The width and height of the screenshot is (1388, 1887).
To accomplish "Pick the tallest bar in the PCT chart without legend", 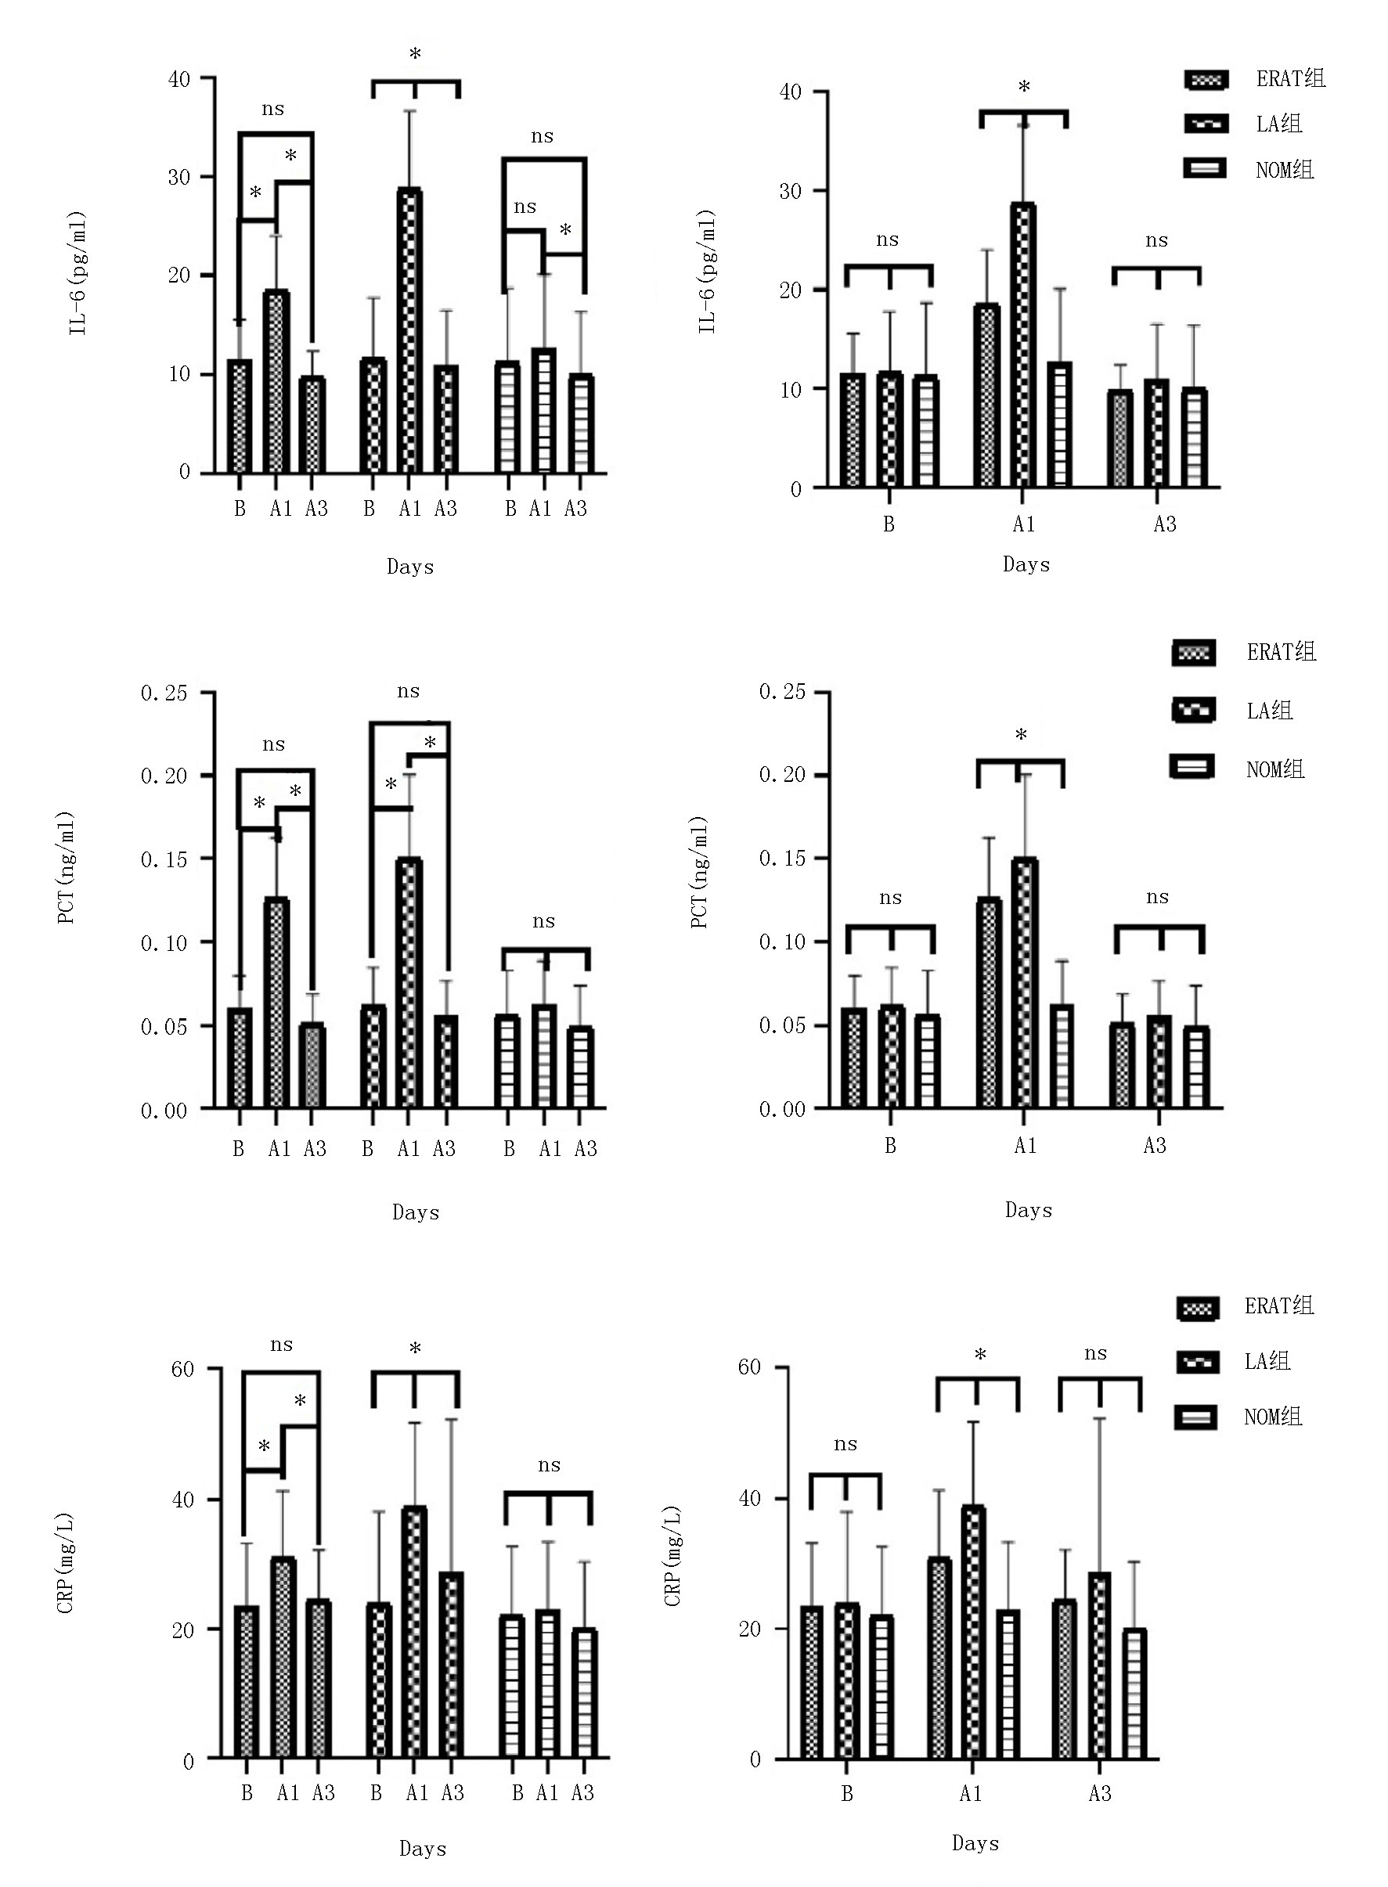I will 409,982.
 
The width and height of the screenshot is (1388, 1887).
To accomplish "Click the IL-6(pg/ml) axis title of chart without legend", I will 78,274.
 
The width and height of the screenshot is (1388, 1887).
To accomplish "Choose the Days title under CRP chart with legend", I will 975,1843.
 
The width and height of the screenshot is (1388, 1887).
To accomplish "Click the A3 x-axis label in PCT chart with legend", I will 1155,1146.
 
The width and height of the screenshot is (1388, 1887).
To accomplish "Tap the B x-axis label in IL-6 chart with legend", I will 889,525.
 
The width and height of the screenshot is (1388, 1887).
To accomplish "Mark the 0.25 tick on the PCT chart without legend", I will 164,693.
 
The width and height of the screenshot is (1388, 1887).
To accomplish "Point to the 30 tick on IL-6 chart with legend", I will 791,191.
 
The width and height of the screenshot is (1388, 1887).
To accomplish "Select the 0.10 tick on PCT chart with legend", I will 781,942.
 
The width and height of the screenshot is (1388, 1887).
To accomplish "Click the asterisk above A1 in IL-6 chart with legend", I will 1023,88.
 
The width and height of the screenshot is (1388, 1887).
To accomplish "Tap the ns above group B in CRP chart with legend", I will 845,1445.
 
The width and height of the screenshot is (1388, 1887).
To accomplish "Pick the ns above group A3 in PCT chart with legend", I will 1157,897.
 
